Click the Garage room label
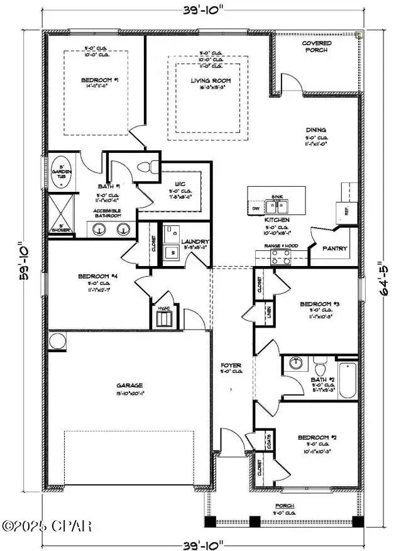(x=129, y=385)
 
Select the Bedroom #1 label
(x=96, y=80)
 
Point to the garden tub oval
(x=62, y=170)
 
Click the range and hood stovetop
(x=280, y=256)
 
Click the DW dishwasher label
(x=255, y=208)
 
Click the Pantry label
(x=334, y=248)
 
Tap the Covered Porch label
(x=316, y=47)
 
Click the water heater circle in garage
(x=57, y=342)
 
